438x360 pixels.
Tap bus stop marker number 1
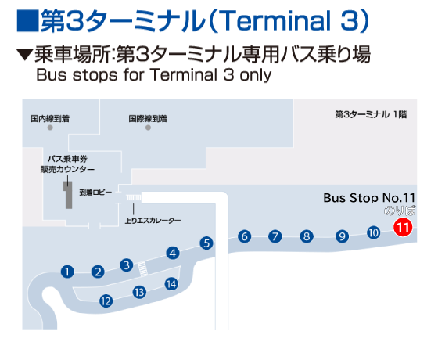pyautogui.click(x=67, y=272)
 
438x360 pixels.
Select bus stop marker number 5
pyautogui.click(x=206, y=243)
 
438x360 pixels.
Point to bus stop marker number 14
pyautogui.click(x=171, y=284)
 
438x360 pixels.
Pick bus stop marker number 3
pyautogui.click(x=126, y=265)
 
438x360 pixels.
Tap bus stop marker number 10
pyautogui.click(x=374, y=232)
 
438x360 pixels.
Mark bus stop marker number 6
pyautogui.click(x=245, y=236)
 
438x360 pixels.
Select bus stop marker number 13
pyautogui.click(x=139, y=293)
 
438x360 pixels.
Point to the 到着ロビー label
pyautogui.click(x=96, y=190)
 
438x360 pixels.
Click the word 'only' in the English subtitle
pyautogui.click(x=254, y=76)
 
